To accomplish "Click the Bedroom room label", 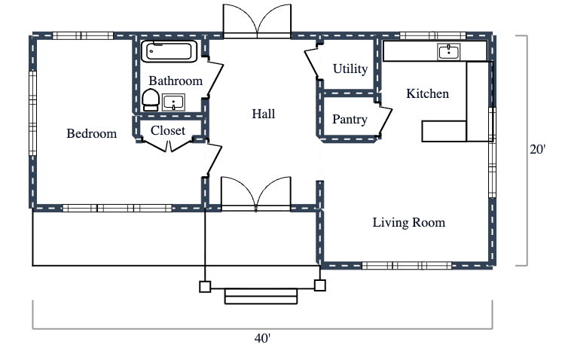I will [92, 134].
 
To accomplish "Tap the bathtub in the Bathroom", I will [170, 51].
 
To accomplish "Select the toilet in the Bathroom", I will [150, 99].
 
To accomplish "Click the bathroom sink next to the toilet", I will [174, 102].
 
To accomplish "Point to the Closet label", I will [168, 131].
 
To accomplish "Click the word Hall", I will [263, 114].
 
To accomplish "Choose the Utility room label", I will [350, 69].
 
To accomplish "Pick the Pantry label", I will [350, 120].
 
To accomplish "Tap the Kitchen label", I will [427, 94].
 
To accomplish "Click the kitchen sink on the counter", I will [449, 51].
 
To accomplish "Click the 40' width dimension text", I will [262, 339].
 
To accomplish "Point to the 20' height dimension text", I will [536, 150].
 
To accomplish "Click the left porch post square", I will [205, 285].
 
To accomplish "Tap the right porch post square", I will [319, 285].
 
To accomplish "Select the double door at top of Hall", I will [257, 22].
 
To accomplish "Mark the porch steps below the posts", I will [261, 296].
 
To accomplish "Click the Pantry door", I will [385, 121].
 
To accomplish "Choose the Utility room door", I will [312, 63].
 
